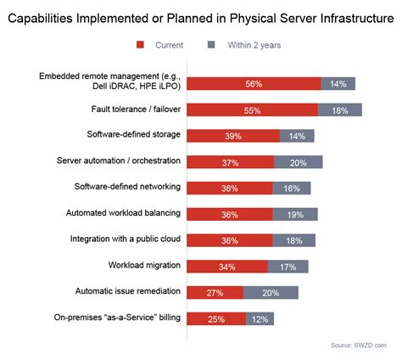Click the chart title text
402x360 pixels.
201,15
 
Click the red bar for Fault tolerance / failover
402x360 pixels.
252,110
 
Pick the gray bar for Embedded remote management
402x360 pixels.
338,83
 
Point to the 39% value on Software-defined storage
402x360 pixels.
233,136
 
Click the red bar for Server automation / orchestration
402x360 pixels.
230,162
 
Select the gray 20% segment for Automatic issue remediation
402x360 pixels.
271,292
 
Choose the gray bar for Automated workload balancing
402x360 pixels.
295,214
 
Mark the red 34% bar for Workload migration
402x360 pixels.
226,267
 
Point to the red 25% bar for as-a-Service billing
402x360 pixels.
215,318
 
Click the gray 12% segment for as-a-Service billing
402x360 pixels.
260,318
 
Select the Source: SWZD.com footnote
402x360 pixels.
358,346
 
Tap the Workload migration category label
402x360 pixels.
142,266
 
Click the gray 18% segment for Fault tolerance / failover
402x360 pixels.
339,110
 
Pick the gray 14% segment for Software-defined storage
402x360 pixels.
297,136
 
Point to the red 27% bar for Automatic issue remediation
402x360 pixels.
215,292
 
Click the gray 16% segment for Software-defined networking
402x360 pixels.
292,188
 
